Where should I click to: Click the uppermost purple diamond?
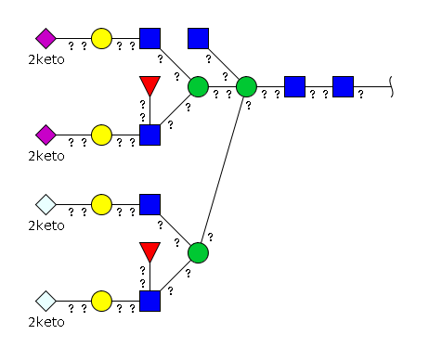coord(45,39)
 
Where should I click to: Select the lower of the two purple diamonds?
coord(45,135)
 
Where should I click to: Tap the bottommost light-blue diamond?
coord(45,301)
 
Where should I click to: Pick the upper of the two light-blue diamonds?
coord(45,204)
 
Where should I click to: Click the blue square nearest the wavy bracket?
coord(343,86)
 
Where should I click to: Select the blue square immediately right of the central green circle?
coord(294,86)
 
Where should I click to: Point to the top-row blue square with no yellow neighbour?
coord(198,39)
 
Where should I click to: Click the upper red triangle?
coord(149,85)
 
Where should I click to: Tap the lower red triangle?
coord(149,251)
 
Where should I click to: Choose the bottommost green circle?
coord(198,253)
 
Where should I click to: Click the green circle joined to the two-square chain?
coord(246,86)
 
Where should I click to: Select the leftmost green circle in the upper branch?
coord(198,86)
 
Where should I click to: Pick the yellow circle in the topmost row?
coord(101,39)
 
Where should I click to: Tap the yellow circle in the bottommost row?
coord(101,301)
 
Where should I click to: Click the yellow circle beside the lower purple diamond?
coord(101,135)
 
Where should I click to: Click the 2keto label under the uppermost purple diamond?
coord(46,59)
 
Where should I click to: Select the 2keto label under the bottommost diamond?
coord(46,322)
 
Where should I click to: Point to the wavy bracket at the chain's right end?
coord(391,86)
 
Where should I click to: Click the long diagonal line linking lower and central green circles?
coord(222,170)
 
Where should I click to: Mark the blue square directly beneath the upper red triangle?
coord(149,135)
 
